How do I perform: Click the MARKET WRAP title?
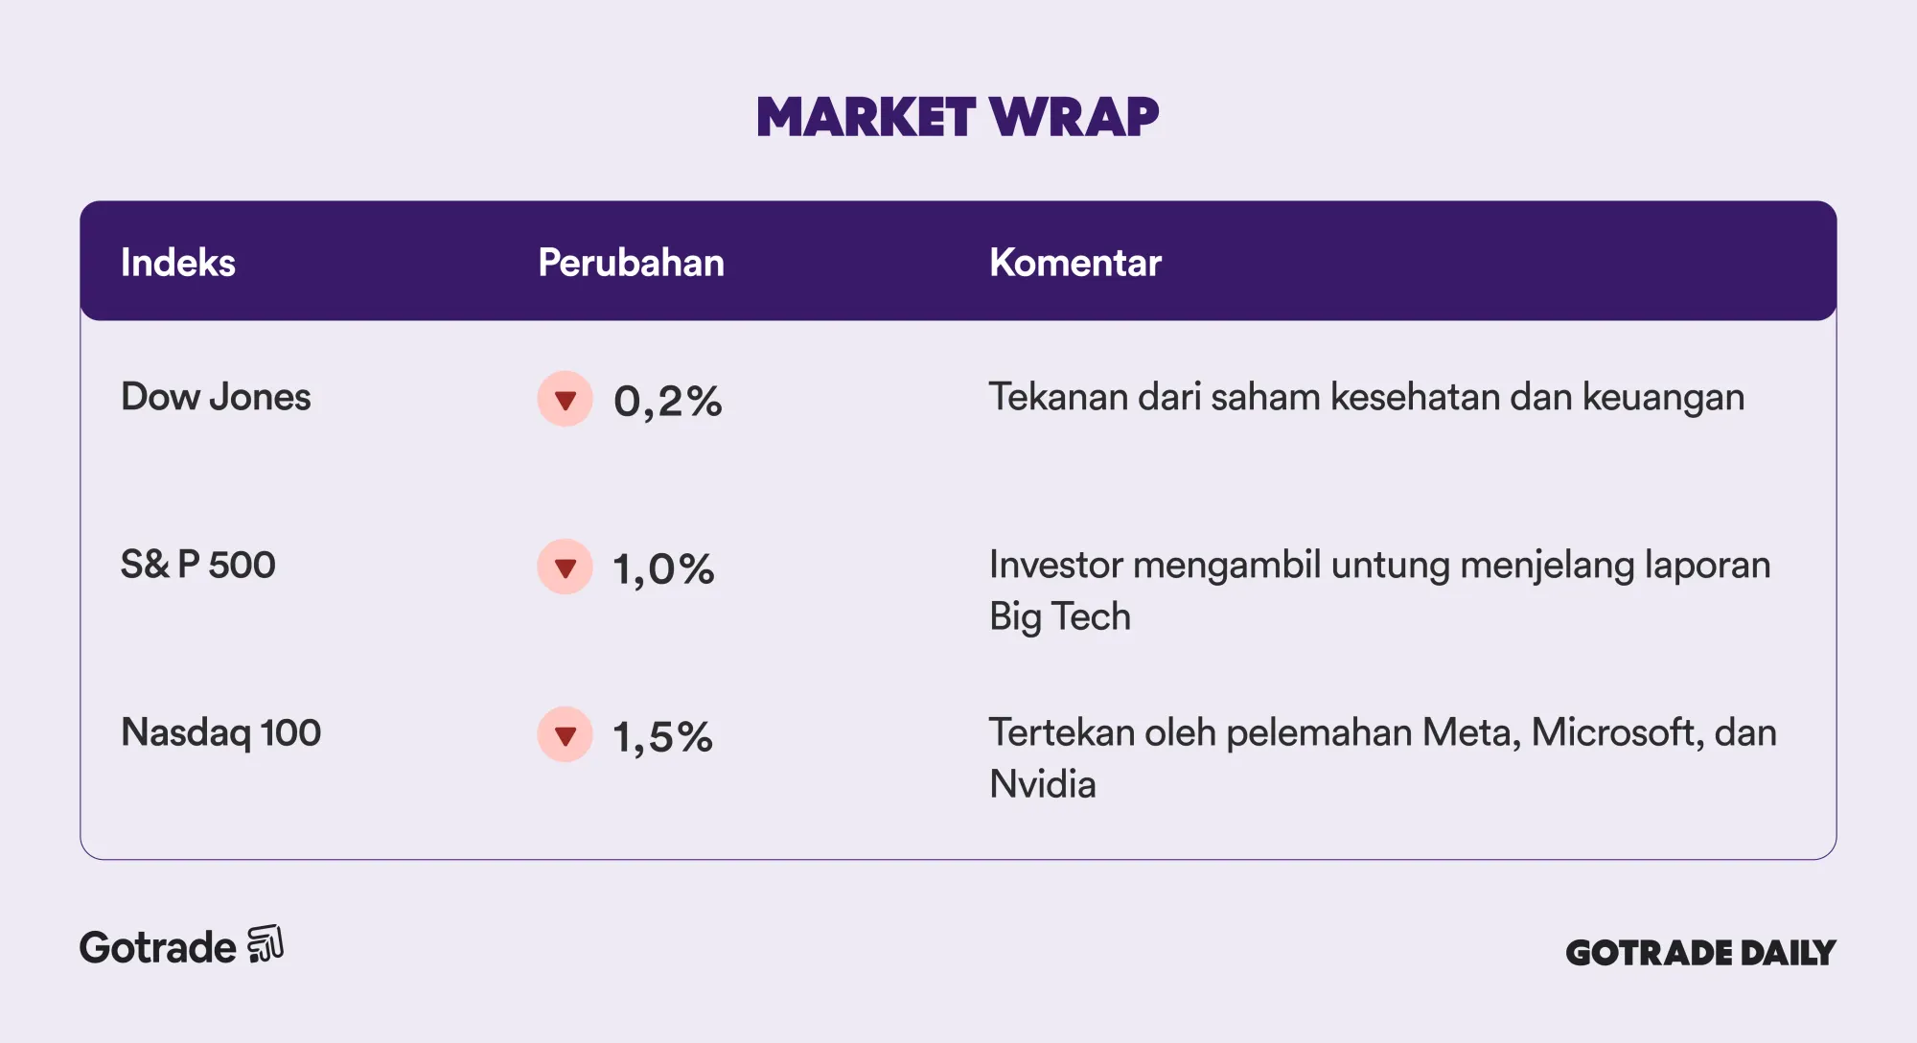tap(958, 117)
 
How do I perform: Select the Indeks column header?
tap(178, 263)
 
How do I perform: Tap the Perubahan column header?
tap(631, 263)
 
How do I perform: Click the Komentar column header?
tap(1075, 263)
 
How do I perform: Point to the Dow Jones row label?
tap(216, 397)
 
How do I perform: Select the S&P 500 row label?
tap(198, 565)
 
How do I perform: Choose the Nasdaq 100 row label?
tap(220, 732)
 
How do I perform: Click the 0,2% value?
tap(668, 401)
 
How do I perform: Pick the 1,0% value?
tap(663, 568)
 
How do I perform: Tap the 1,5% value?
tap(662, 736)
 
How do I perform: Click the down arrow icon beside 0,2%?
tap(566, 399)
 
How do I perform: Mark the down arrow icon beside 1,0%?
tap(566, 567)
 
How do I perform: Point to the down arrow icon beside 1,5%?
tap(566, 734)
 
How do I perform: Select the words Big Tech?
tap(1060, 616)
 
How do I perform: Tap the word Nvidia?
tap(1043, 784)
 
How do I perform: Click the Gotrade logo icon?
tap(266, 944)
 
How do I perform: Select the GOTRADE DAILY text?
tap(1700, 952)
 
